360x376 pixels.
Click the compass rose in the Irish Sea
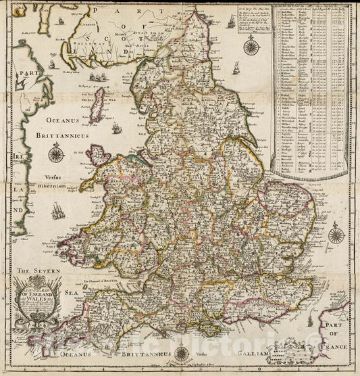pos(56,154)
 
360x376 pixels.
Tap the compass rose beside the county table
pos(253,47)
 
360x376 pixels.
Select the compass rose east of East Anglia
pos(336,236)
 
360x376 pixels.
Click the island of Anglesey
pos(103,157)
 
